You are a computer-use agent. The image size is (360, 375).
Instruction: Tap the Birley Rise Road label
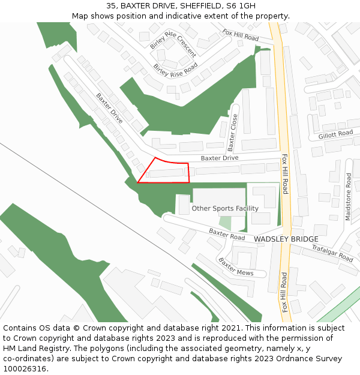point(175,71)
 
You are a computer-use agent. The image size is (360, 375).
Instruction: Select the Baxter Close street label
point(233,133)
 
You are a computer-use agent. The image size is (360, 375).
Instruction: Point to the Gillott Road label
point(336,134)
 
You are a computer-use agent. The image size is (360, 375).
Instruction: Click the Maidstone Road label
point(348,197)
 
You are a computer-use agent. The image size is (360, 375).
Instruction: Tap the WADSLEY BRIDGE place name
point(286,239)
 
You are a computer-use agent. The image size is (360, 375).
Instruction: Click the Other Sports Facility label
point(225,208)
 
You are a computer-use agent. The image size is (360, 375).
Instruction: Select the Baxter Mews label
point(235,267)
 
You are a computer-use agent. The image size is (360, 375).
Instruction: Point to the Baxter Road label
point(227,233)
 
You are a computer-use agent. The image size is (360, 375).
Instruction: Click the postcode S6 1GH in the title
point(241,6)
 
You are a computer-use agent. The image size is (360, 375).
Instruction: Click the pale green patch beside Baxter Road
point(225,222)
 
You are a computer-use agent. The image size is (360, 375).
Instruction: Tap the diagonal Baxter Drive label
point(109,108)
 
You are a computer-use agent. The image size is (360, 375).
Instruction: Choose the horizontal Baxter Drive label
point(219,158)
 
